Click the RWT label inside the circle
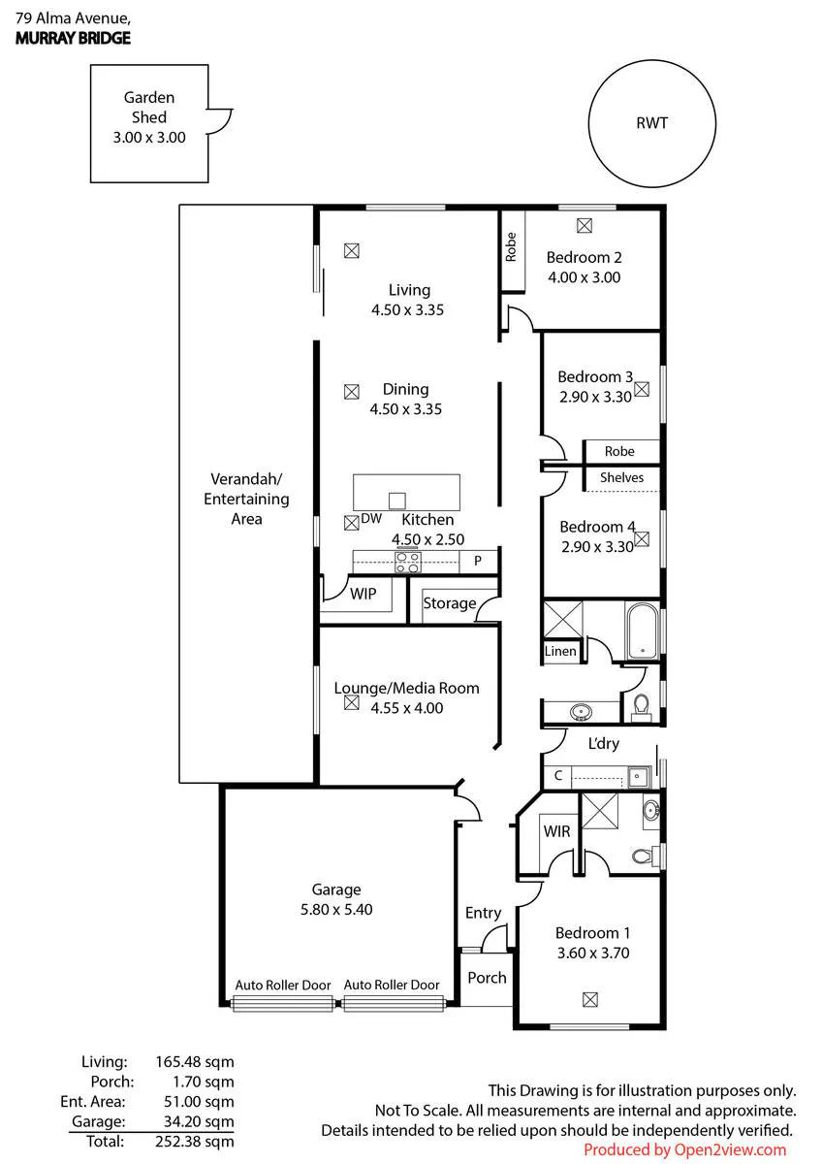651,123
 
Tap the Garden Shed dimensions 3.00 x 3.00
149,138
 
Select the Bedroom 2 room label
584,257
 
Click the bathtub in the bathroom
643,630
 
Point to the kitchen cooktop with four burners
408,563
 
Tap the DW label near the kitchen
371,518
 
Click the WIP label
363,594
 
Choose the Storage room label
449,602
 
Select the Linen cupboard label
560,651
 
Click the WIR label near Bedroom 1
556,831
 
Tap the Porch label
487,978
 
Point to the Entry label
483,913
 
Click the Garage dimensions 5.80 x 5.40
336,910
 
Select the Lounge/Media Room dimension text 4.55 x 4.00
407,708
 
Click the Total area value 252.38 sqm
195,1141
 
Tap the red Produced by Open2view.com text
685,1149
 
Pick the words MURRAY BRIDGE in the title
74,38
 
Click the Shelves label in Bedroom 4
621,477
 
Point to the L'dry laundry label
603,744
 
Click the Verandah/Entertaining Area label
246,499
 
